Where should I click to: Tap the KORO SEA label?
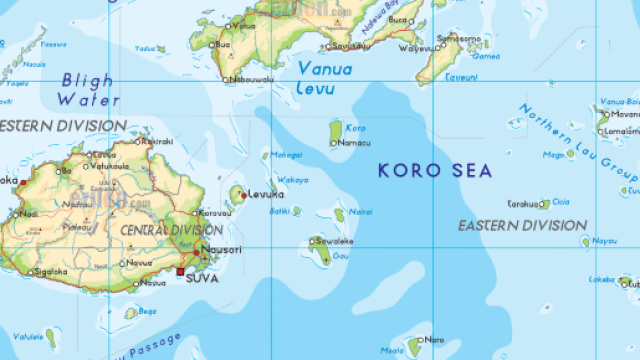(x=435, y=171)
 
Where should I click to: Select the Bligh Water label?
(x=87, y=89)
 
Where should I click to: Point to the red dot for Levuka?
(x=242, y=195)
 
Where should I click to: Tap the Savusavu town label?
(x=349, y=45)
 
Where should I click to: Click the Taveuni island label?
(x=461, y=75)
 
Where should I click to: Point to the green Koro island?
(x=335, y=130)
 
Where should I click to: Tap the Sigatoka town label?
(x=50, y=271)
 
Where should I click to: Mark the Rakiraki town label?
(x=158, y=141)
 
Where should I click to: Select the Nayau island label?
(x=605, y=240)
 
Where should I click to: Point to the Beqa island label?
(x=148, y=311)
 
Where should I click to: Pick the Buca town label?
(x=399, y=19)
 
